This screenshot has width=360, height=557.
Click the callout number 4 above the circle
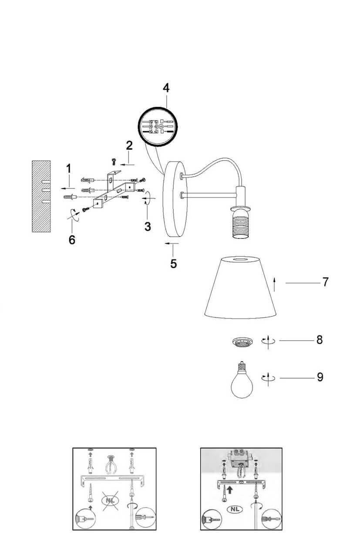(x=166, y=87)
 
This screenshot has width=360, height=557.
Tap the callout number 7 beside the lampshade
(x=325, y=282)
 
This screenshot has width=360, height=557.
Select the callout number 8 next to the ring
(x=320, y=339)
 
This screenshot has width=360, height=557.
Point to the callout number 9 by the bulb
(x=320, y=377)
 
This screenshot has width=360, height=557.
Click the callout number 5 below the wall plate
(x=173, y=264)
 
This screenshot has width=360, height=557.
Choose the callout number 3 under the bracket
(x=148, y=226)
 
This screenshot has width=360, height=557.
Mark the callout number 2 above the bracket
(x=129, y=145)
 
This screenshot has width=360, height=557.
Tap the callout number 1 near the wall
(x=68, y=168)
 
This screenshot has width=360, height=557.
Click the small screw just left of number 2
(x=113, y=161)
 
